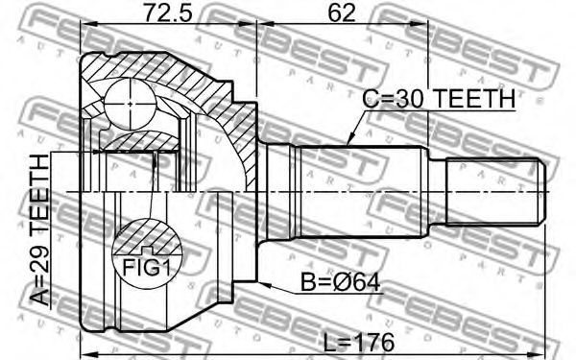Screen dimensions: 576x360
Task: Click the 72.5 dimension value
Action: (167, 12)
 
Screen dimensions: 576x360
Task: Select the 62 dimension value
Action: (342, 12)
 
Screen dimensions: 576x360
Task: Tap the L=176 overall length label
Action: (359, 343)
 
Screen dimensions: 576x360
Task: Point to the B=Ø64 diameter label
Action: (341, 282)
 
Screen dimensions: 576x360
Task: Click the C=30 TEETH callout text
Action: (439, 99)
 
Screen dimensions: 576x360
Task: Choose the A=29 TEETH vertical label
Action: (39, 230)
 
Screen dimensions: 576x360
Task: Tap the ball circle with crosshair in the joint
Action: (130, 104)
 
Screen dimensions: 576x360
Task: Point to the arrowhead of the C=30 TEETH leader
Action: (349, 141)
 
